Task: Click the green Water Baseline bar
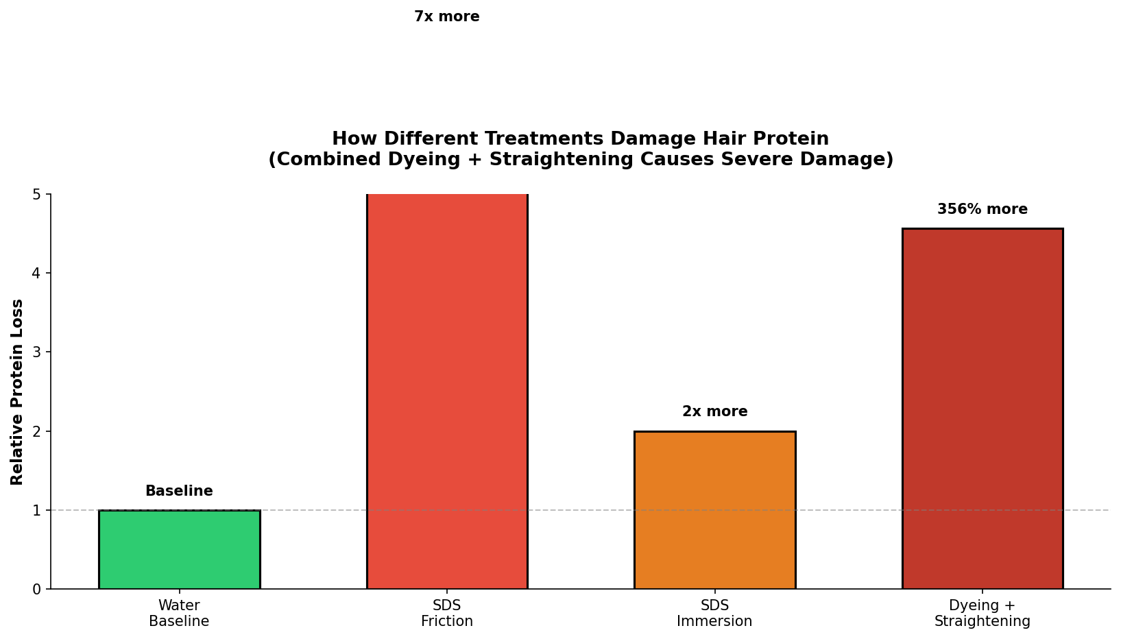point(179,549)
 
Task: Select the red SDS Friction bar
point(447,391)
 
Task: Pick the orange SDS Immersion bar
point(714,510)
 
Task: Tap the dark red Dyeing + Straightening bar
point(983,409)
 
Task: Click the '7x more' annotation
point(447,16)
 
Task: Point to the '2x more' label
point(714,411)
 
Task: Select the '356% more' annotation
point(983,209)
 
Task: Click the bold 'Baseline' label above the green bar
point(179,491)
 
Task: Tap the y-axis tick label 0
point(37,590)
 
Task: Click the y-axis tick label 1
point(37,510)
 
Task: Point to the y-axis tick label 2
point(37,431)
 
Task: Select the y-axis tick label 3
point(37,352)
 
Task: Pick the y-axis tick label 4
point(37,273)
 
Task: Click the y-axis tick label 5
point(37,194)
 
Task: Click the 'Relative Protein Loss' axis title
point(17,391)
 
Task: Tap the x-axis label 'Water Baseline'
point(179,613)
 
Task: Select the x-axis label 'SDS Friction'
point(447,613)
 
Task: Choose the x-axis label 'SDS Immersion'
point(714,613)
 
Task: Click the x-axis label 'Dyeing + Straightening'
point(983,613)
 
